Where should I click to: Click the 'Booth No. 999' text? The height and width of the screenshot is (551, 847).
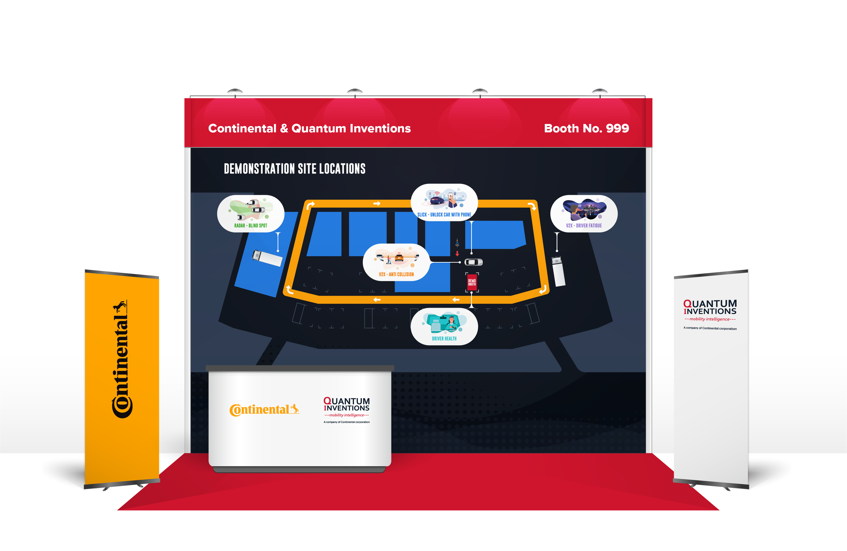click(x=586, y=128)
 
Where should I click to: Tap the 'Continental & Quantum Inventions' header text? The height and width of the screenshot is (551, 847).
click(x=309, y=128)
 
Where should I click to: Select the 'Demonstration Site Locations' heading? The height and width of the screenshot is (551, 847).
click(x=294, y=169)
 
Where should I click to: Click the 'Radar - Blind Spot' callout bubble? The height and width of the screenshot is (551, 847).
click(x=250, y=213)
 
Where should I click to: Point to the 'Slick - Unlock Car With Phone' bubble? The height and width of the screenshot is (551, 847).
click(x=444, y=203)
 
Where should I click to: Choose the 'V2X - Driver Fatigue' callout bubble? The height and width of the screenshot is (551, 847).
click(x=584, y=213)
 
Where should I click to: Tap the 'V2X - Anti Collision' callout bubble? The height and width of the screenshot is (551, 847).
click(x=396, y=262)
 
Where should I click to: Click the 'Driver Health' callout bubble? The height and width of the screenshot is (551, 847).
click(x=444, y=326)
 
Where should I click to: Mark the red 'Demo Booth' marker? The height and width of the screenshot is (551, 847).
click(x=472, y=283)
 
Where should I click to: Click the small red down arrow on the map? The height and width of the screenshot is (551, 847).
click(x=457, y=254)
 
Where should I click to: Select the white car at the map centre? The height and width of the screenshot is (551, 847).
click(x=473, y=262)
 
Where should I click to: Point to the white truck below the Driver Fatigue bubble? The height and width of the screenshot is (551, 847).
click(x=558, y=271)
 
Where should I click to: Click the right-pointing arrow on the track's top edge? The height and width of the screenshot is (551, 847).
click(x=377, y=204)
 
